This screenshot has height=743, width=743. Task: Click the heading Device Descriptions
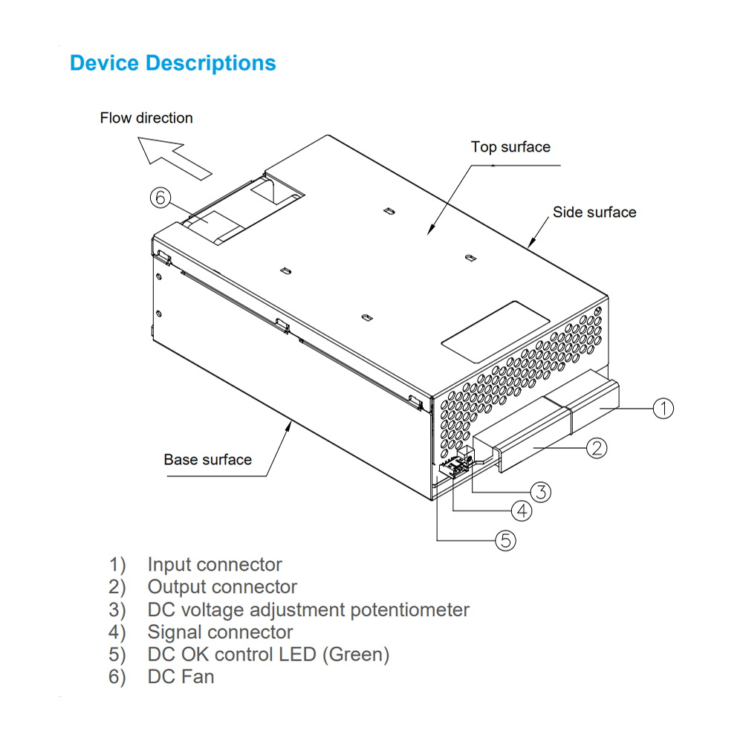click(x=172, y=63)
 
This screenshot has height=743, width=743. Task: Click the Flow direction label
click(x=146, y=117)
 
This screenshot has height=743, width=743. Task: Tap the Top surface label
click(x=510, y=146)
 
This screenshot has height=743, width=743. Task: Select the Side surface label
click(x=594, y=212)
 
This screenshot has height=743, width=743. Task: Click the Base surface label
click(x=207, y=459)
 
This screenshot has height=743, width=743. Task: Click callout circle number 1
click(x=663, y=408)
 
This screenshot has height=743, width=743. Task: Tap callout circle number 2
click(x=597, y=447)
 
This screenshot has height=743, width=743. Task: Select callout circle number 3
click(x=540, y=491)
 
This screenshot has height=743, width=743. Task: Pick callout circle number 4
click(x=522, y=511)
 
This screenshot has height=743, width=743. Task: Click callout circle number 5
click(x=505, y=541)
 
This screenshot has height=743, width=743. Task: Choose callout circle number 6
click(x=160, y=198)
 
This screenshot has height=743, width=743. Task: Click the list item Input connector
click(x=214, y=565)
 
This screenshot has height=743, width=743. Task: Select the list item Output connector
click(x=221, y=587)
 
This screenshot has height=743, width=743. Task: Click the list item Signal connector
click(x=220, y=632)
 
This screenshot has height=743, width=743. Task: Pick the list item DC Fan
click(x=181, y=676)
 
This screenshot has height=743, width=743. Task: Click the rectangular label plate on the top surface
click(x=496, y=327)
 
